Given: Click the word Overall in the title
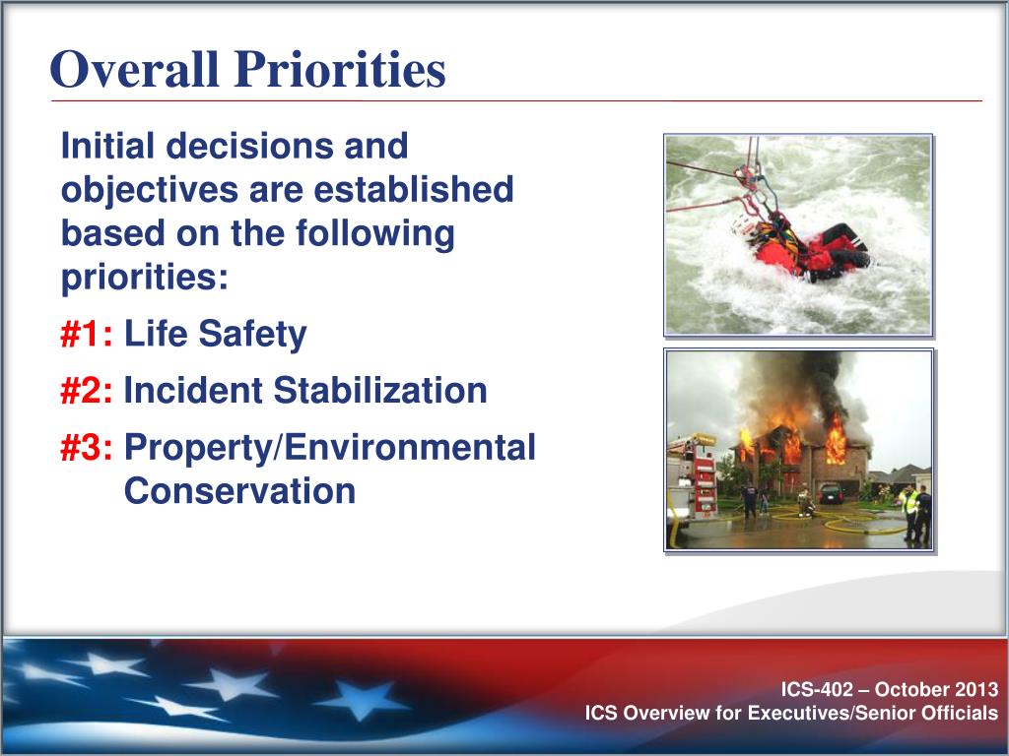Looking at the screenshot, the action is (134, 69).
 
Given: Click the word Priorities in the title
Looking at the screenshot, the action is (340, 69).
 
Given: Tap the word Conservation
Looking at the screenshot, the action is (239, 491).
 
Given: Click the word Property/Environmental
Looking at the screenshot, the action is (329, 449).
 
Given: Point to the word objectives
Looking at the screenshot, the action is (150, 191).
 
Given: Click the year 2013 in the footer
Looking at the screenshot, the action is (976, 689).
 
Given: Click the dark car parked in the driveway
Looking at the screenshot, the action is (831, 493).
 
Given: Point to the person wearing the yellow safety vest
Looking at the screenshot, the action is (908, 511).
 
